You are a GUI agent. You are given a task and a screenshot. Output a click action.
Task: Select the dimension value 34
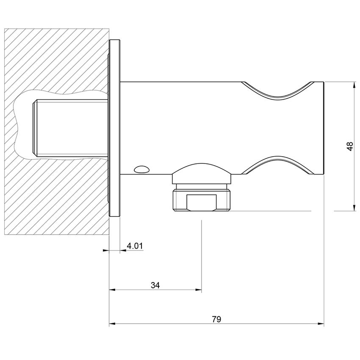pos(155,285)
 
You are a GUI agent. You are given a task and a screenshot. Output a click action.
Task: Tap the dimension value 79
pos(216,319)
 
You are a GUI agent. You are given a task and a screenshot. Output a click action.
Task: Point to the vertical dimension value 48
pos(349,147)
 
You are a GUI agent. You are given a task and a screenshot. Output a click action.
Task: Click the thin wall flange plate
pos(114,127)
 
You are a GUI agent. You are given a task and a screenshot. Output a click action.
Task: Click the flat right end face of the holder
pos(324,127)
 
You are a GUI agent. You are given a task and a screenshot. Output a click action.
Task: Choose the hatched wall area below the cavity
pos(55,199)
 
